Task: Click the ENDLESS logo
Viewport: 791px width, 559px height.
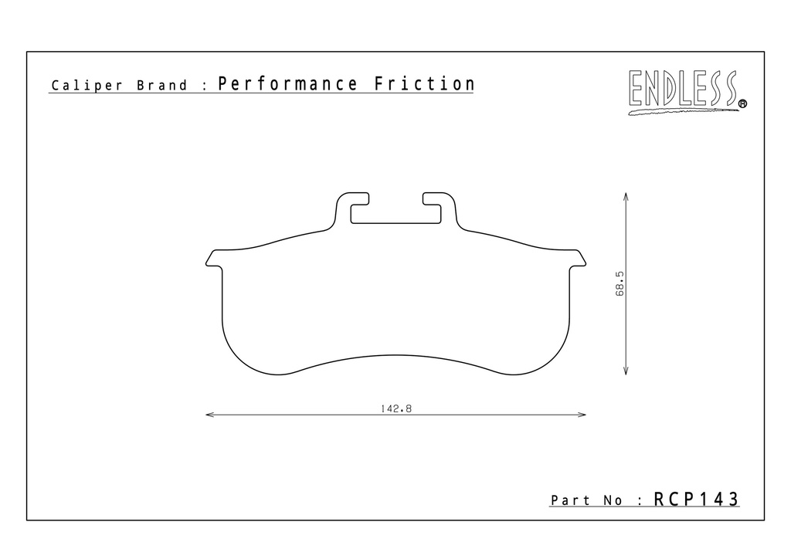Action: [687, 92]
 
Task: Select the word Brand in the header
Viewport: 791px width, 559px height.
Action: [162, 85]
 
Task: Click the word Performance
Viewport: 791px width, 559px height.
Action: [287, 84]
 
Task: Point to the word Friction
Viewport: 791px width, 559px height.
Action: [424, 83]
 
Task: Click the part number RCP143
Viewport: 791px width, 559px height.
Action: [696, 499]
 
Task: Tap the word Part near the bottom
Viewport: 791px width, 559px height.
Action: [571, 500]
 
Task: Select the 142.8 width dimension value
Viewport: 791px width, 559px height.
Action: [396, 408]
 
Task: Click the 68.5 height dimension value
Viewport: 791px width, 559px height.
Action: [620, 284]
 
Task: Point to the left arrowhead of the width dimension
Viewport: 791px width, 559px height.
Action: [210, 415]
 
